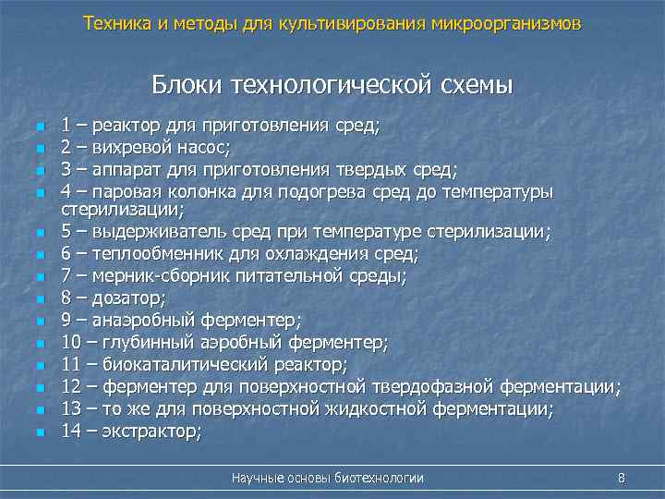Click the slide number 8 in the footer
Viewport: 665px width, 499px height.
click(x=622, y=478)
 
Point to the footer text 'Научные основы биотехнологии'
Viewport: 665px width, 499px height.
click(x=328, y=478)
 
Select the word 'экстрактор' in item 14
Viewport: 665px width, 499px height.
click(x=151, y=431)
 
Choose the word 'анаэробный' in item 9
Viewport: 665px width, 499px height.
click(x=139, y=320)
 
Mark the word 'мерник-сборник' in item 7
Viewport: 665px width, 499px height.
click(x=153, y=275)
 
